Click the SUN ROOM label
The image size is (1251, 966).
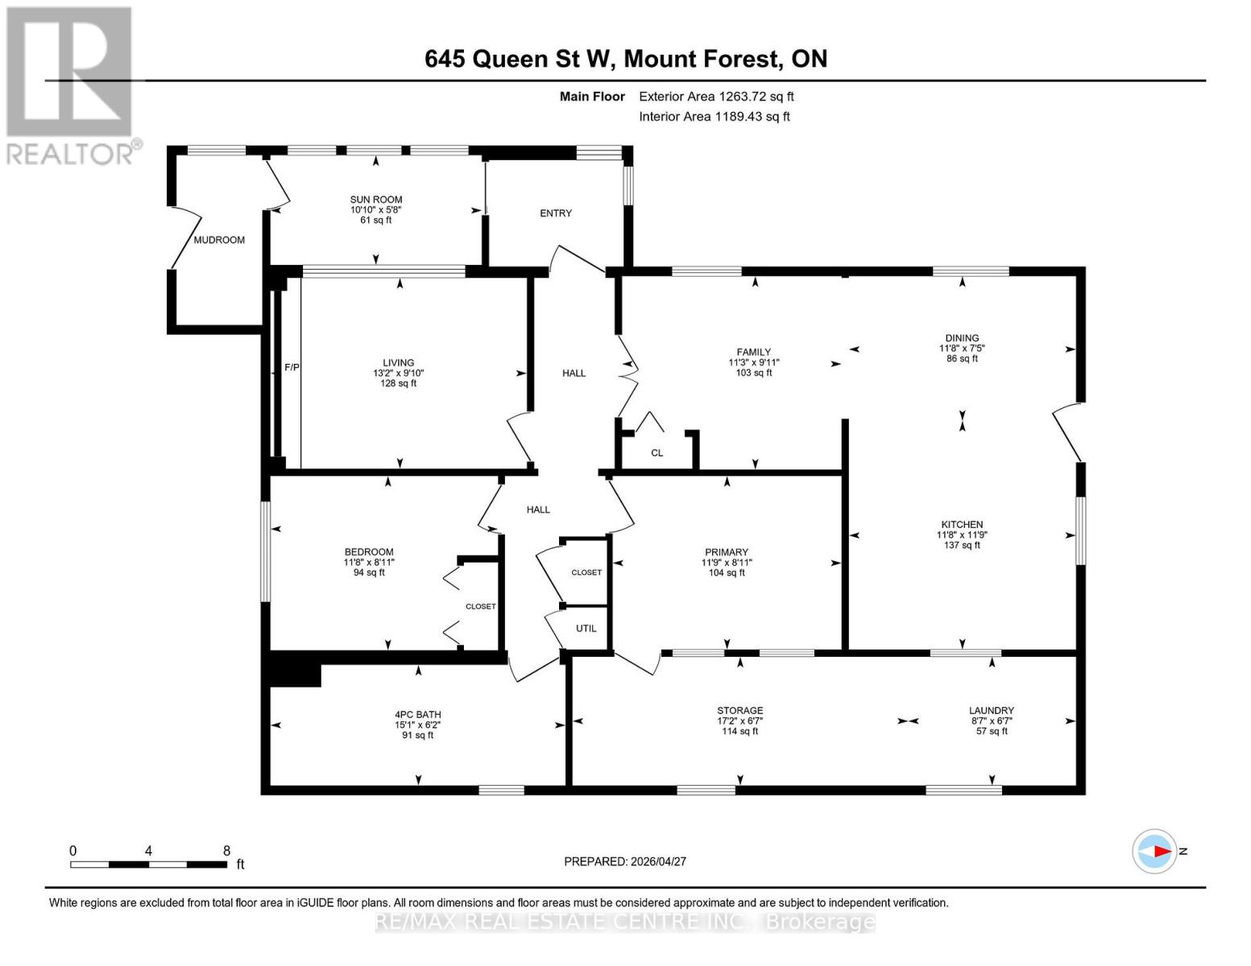(x=375, y=200)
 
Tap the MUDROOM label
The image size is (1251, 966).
(x=219, y=240)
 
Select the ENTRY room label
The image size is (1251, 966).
(x=555, y=213)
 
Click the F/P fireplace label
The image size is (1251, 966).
(x=292, y=368)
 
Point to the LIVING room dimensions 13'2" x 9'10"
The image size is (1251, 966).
(x=398, y=374)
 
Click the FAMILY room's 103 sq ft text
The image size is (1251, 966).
(x=753, y=373)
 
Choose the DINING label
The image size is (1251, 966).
(x=962, y=338)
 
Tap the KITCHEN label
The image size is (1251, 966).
(x=961, y=524)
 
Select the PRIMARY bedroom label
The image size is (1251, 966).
(x=725, y=552)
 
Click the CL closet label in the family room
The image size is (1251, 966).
(x=657, y=453)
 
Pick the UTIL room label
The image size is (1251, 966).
(x=586, y=629)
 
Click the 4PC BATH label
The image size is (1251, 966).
(x=417, y=714)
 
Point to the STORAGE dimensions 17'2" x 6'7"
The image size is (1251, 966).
(x=739, y=721)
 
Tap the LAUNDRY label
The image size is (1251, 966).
(x=991, y=711)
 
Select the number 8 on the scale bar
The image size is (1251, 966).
(x=226, y=851)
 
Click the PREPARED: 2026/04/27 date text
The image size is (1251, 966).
(x=624, y=861)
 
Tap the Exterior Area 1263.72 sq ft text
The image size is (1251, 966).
(x=715, y=97)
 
